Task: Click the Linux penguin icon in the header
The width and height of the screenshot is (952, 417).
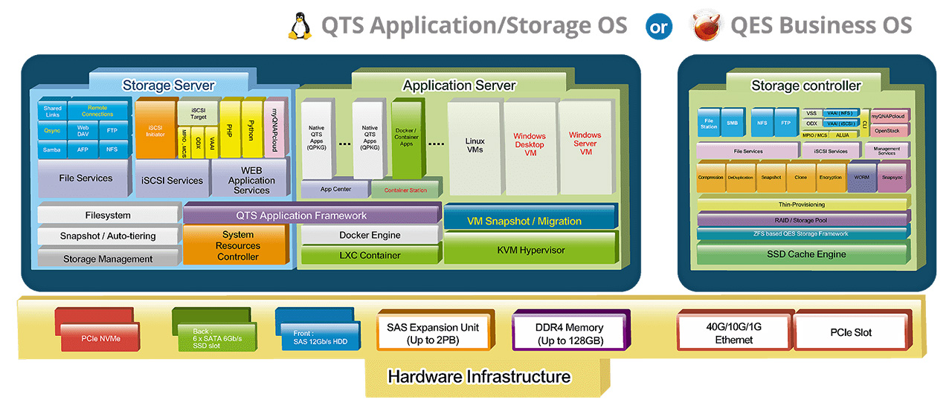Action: pyautogui.click(x=300, y=26)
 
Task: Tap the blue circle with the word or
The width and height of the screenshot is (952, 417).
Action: pyautogui.click(x=660, y=27)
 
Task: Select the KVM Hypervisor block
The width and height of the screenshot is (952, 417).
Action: pyautogui.click(x=530, y=250)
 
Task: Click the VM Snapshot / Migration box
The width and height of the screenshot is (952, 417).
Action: pyautogui.click(x=530, y=221)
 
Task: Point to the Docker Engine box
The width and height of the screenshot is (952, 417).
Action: pyautogui.click(x=370, y=235)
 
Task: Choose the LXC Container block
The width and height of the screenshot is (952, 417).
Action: pyautogui.click(x=370, y=255)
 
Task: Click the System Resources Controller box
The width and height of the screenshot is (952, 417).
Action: pyautogui.click(x=237, y=245)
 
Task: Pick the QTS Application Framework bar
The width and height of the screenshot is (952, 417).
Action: pyautogui.click(x=311, y=216)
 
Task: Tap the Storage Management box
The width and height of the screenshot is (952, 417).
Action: pyautogui.click(x=108, y=259)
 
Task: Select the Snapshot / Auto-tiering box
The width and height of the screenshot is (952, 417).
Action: pyautogui.click(x=108, y=236)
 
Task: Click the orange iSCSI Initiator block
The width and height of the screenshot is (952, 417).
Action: pyautogui.click(x=155, y=130)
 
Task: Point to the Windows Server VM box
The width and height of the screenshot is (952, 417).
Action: pyautogui.click(x=585, y=144)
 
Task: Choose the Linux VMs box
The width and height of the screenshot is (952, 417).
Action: pyautogui.click(x=475, y=146)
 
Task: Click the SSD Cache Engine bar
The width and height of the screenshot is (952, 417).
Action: pyautogui.click(x=802, y=254)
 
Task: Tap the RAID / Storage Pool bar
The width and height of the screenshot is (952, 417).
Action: pyautogui.click(x=802, y=220)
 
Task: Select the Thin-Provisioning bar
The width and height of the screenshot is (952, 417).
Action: pyautogui.click(x=802, y=204)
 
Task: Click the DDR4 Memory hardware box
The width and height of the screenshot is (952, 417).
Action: pyautogui.click(x=570, y=334)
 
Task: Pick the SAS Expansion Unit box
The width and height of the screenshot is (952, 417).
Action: pyautogui.click(x=433, y=334)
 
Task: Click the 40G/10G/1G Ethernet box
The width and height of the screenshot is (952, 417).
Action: pyautogui.click(x=733, y=334)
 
